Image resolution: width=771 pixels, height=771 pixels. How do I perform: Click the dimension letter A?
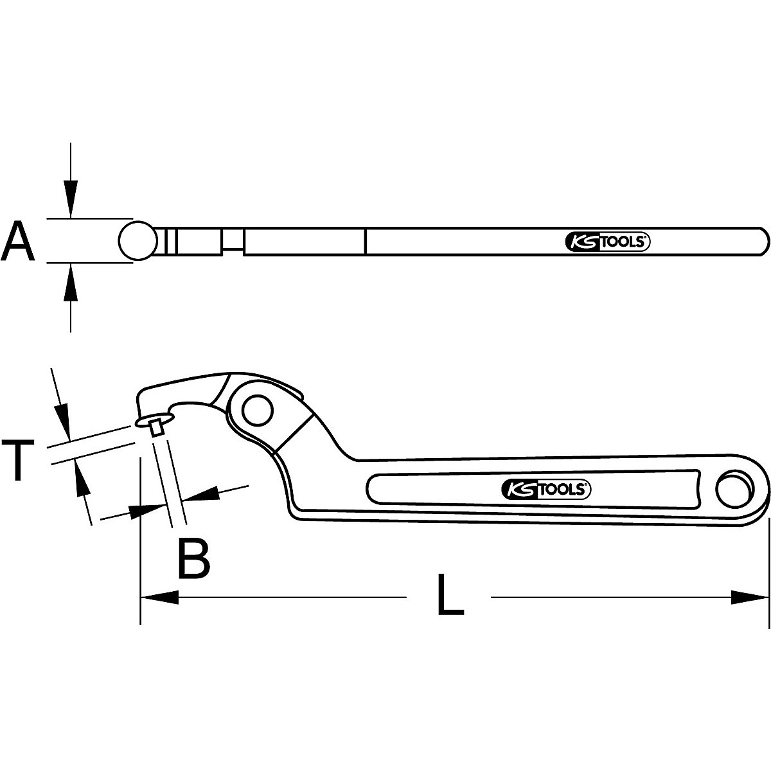pos(18,240)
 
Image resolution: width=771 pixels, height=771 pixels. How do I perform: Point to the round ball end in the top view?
pos(137,240)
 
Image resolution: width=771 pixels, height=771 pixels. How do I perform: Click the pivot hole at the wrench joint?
pos(258,409)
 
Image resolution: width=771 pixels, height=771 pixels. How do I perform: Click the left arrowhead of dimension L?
pos(158,598)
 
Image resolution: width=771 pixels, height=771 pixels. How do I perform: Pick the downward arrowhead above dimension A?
pos(71,199)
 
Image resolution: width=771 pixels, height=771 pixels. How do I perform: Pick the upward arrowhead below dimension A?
pos(71,283)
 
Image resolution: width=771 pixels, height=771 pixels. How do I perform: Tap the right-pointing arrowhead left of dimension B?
pos(148,510)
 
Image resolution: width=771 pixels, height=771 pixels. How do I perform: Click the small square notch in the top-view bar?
pos(233,241)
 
